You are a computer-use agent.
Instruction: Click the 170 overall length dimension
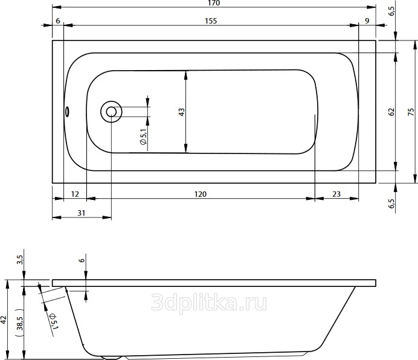point(214,3)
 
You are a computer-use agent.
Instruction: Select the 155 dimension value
point(211,21)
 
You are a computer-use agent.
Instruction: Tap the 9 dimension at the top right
point(367,21)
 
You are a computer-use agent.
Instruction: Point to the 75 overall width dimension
point(411,112)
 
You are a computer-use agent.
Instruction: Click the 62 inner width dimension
point(391,112)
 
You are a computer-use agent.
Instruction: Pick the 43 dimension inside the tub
point(181,112)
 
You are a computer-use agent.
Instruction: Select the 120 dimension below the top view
point(200,194)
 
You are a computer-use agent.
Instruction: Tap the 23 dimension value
point(336,194)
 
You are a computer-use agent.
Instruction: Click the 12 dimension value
point(75,194)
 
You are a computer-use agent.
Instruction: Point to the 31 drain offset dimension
point(82,213)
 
